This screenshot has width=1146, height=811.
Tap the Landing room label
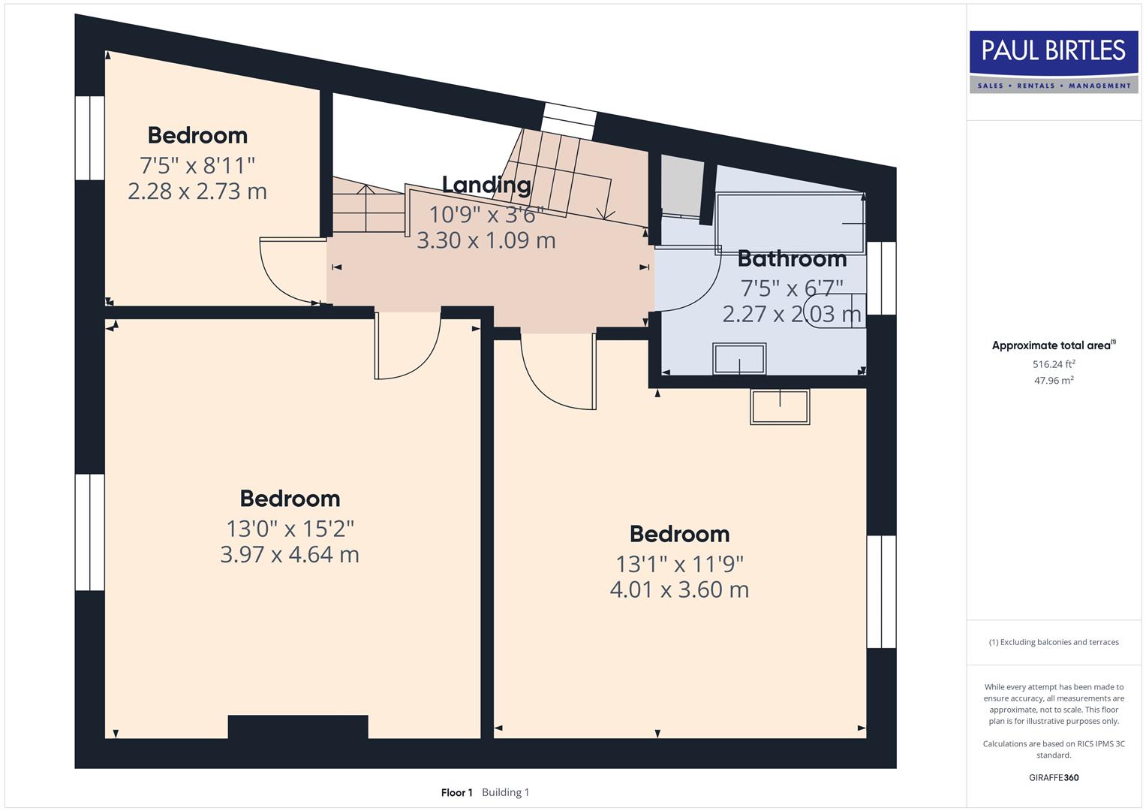coord(486,185)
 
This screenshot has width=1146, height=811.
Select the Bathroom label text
coord(792,259)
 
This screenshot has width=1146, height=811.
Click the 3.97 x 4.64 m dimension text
coord(290,555)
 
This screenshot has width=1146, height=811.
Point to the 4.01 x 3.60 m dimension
coord(679,590)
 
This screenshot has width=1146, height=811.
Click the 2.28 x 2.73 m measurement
coord(197,191)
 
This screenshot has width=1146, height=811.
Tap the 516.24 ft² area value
coord(1054,364)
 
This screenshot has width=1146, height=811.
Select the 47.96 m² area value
coord(1054,381)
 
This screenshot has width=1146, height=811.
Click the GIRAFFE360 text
coord(1054,778)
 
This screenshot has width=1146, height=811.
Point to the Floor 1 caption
coord(456,792)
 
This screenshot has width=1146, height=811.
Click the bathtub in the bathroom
coord(790,223)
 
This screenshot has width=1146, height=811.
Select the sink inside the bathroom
coord(739,359)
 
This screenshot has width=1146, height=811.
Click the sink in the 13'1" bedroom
coord(780,407)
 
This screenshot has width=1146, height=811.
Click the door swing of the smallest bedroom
coord(290,270)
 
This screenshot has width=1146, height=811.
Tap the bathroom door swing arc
coord(684,278)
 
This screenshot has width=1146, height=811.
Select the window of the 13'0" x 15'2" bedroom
coord(89,532)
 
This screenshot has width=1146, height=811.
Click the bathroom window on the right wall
coord(881,278)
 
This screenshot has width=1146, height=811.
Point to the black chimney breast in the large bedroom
coord(298,727)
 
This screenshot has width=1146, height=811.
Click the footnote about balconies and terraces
coord(1054,642)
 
